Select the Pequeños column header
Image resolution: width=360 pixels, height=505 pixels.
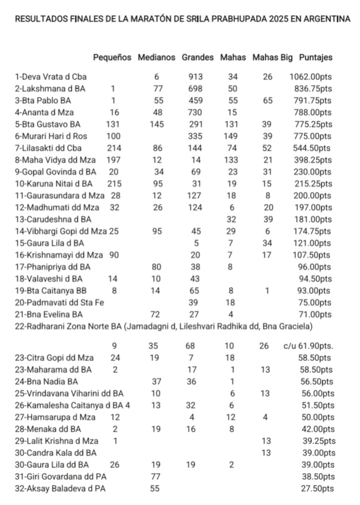(x=112, y=58)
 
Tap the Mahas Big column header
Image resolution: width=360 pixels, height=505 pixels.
(x=272, y=58)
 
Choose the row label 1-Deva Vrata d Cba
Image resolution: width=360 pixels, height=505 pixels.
(x=51, y=77)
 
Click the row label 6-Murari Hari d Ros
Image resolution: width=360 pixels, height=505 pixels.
(x=51, y=136)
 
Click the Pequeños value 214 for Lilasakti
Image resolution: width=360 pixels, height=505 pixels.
(x=113, y=148)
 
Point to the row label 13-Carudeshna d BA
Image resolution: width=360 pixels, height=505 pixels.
(x=49, y=219)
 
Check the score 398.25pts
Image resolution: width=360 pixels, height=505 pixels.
(x=314, y=160)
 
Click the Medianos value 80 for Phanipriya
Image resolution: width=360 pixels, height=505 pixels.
(x=157, y=267)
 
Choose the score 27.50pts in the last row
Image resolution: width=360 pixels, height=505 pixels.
(x=317, y=489)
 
